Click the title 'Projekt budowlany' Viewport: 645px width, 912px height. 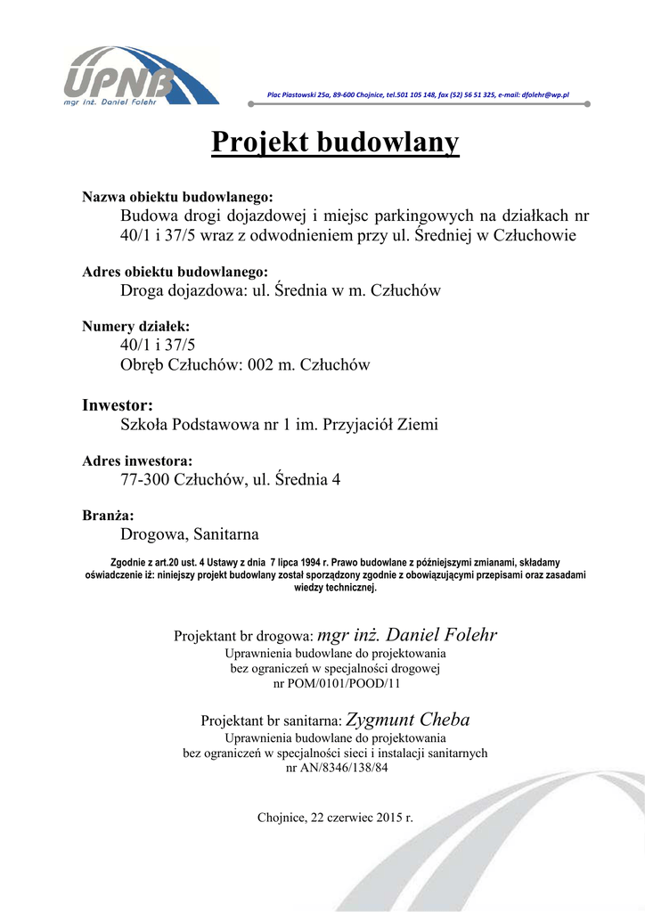tap(335, 142)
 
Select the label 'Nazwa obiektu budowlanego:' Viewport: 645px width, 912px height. tap(177, 197)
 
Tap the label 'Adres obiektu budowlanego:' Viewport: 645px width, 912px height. tap(175, 272)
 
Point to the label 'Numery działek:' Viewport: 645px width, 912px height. tap(135, 327)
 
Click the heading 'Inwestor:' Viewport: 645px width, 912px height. tap(118, 405)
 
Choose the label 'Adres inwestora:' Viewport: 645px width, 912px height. tap(137, 461)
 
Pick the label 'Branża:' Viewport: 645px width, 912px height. tap(108, 516)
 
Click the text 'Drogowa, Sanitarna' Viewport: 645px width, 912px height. tap(190, 534)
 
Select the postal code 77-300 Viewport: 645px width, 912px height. tap(145, 480)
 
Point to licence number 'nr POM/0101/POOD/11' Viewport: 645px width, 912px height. tap(336, 684)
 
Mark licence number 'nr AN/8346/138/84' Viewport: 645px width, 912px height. tap(336, 768)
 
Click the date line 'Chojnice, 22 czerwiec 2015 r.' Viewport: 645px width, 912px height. tap(335, 817)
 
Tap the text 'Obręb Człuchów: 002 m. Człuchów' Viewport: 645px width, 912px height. tap(245, 365)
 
